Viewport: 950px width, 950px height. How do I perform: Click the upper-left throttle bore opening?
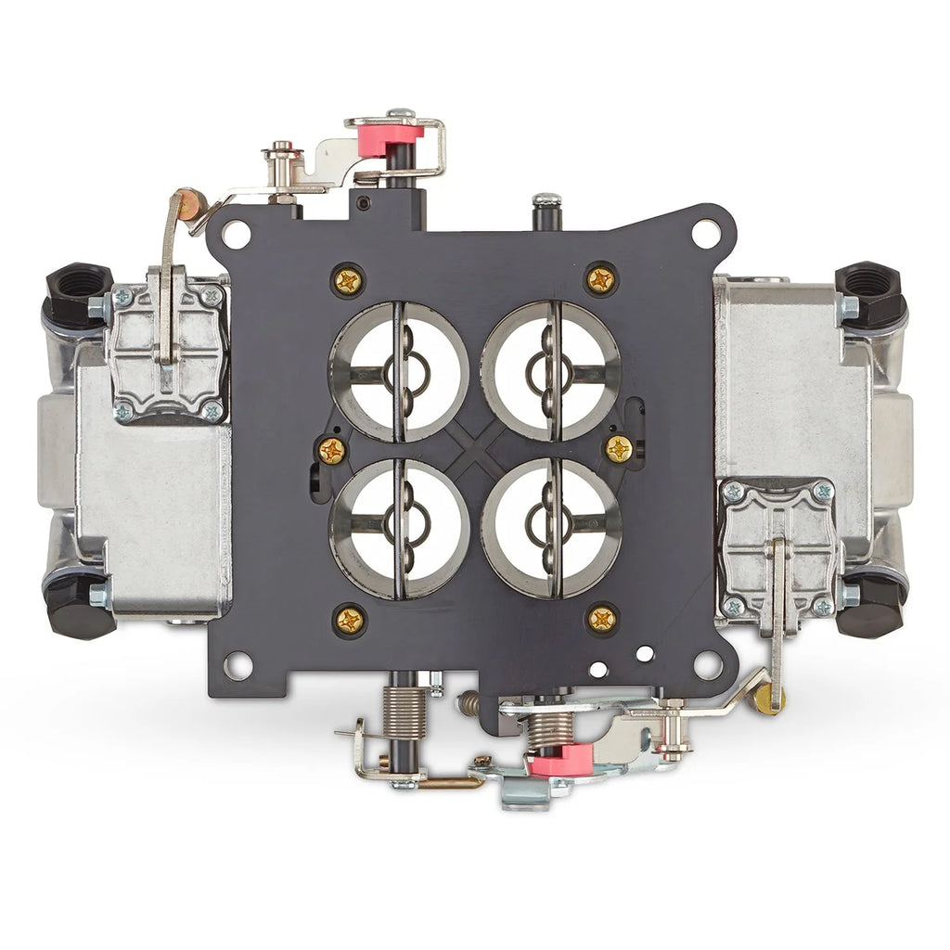tap(399, 371)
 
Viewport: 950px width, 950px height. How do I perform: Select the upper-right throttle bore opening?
tap(551, 371)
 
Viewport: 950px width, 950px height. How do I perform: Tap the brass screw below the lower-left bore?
tap(350, 621)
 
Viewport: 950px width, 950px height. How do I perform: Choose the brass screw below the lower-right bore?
tap(602, 619)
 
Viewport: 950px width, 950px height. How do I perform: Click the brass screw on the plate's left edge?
tap(332, 451)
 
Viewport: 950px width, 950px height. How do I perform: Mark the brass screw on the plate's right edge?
tap(619, 449)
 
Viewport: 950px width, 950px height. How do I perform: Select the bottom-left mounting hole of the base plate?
tap(238, 664)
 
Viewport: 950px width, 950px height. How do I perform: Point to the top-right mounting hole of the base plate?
tap(707, 231)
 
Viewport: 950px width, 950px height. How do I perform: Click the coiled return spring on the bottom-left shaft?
tap(404, 712)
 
